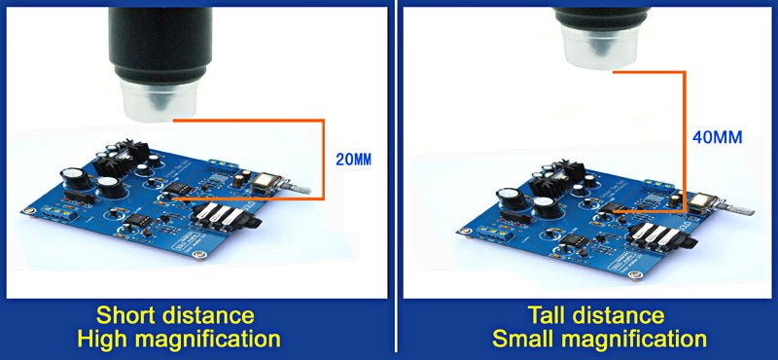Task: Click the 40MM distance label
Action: (718, 137)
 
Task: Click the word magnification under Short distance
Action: (216, 340)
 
